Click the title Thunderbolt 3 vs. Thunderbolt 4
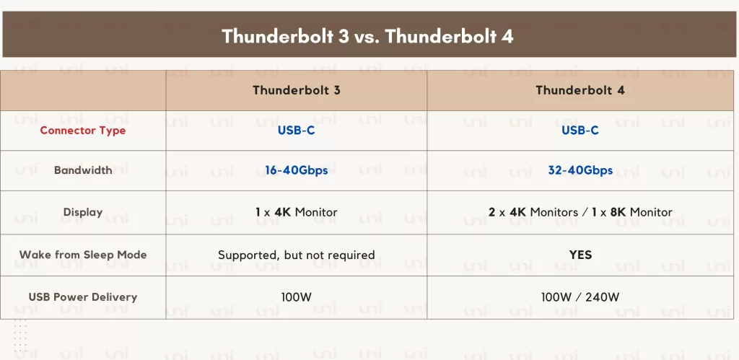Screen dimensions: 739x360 click(367, 36)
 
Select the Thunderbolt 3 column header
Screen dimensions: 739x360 click(297, 90)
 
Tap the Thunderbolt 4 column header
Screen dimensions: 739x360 click(580, 90)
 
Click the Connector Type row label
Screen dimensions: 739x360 click(83, 131)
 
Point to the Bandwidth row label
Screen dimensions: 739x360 click(83, 170)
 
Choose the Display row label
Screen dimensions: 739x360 click(83, 212)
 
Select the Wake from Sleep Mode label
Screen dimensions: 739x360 click(83, 255)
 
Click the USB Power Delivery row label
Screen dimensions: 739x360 click(83, 297)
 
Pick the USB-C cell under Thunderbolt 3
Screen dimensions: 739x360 click(297, 131)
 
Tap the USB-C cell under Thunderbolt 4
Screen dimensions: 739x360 click(580, 131)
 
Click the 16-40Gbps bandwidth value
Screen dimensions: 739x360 click(297, 170)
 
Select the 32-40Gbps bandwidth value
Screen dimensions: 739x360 click(580, 170)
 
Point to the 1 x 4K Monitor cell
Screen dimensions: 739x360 click(297, 213)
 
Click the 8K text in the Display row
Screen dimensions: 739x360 click(618, 213)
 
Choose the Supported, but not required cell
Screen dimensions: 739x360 click(297, 255)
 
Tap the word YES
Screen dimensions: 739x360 click(580, 255)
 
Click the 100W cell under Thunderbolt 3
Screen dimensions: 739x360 click(297, 297)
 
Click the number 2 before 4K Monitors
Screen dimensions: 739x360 click(491, 213)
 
